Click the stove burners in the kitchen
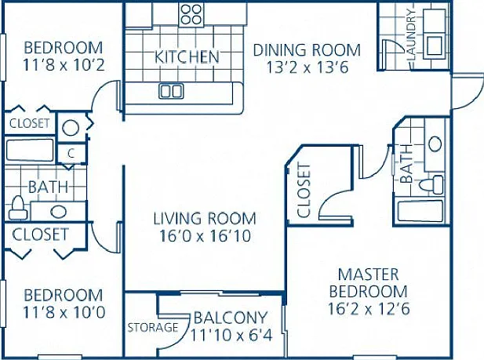pyautogui.click(x=191, y=14)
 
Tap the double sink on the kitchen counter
pyautogui.click(x=171, y=91)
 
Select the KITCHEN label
pyautogui.click(x=187, y=56)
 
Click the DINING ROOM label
pyautogui.click(x=307, y=50)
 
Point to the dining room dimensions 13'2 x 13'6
pyautogui.click(x=308, y=67)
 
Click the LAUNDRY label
pyautogui.click(x=412, y=35)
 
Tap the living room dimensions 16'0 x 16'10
pyautogui.click(x=205, y=236)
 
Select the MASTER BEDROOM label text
pyautogui.click(x=369, y=283)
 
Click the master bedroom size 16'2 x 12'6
pyautogui.click(x=369, y=308)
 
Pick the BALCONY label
pyautogui.click(x=231, y=318)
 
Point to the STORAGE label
pyautogui.click(x=153, y=327)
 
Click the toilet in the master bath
pyautogui.click(x=431, y=184)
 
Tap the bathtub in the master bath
pyautogui.click(x=420, y=211)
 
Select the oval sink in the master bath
pyautogui.click(x=435, y=144)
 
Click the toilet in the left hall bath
pyautogui.click(x=18, y=208)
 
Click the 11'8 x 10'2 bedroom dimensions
pyautogui.click(x=64, y=65)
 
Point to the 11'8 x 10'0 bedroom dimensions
pyautogui.click(x=64, y=312)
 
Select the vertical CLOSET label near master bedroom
pyautogui.click(x=304, y=190)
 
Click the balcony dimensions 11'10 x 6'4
pyautogui.click(x=231, y=335)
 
